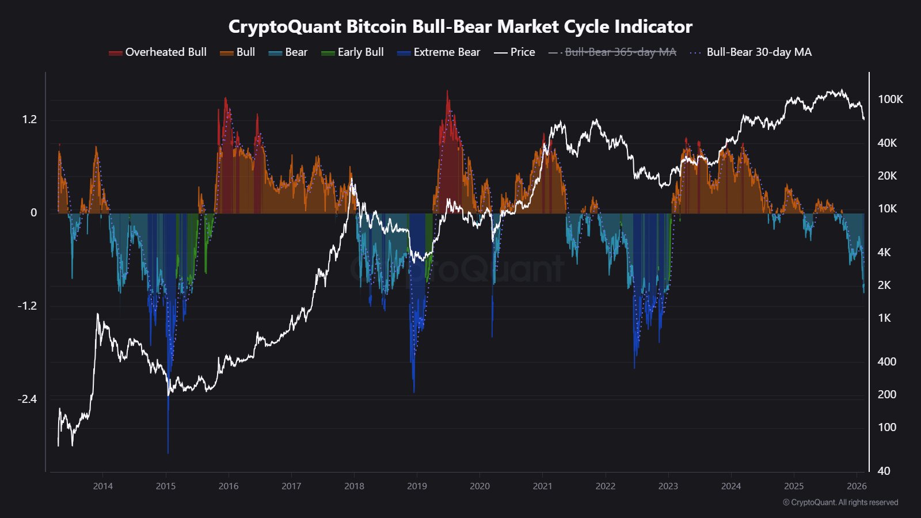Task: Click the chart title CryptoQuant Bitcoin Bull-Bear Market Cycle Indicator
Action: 460,26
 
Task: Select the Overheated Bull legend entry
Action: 158,52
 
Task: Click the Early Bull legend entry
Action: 353,52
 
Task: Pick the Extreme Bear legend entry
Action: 439,52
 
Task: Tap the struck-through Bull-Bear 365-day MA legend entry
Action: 613,52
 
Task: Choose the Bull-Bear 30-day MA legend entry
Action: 751,52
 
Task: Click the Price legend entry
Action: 515,52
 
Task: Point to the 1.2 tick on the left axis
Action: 29,120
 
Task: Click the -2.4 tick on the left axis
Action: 27,399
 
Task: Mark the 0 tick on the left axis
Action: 33,213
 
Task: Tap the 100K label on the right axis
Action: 890,100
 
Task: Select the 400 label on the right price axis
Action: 886,361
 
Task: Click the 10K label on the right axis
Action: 887,208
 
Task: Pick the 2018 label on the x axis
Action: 354,486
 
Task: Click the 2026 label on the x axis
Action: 857,486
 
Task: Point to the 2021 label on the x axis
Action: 542,486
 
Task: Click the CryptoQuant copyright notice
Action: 840,502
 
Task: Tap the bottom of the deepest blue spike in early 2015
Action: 168,452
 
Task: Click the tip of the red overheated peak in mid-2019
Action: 447,91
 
